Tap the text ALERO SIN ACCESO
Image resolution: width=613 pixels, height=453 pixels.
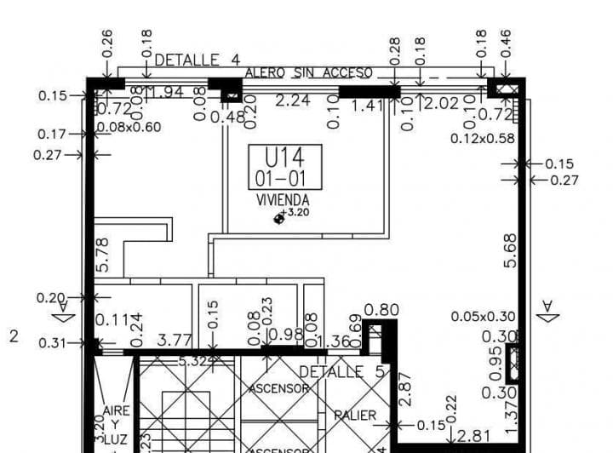click(x=308, y=74)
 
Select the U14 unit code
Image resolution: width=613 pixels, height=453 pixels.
click(x=284, y=158)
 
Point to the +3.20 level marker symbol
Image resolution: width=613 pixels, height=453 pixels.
click(x=278, y=218)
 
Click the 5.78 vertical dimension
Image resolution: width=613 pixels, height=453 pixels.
click(x=103, y=255)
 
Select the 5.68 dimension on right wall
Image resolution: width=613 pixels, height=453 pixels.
click(x=510, y=251)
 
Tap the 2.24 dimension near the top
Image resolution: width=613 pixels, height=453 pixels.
click(x=294, y=100)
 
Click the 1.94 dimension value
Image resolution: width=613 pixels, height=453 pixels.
click(x=167, y=92)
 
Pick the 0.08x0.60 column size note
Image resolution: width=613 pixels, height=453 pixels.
click(x=129, y=128)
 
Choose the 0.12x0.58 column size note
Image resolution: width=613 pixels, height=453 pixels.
click(x=483, y=137)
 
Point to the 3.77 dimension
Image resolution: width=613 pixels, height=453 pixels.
click(x=175, y=341)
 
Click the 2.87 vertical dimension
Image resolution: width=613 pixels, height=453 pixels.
click(x=404, y=387)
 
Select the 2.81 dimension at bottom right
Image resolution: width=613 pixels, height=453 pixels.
click(x=474, y=436)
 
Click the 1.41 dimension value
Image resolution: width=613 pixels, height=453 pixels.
click(x=369, y=106)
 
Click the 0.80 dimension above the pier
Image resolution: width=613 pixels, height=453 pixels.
click(x=381, y=310)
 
